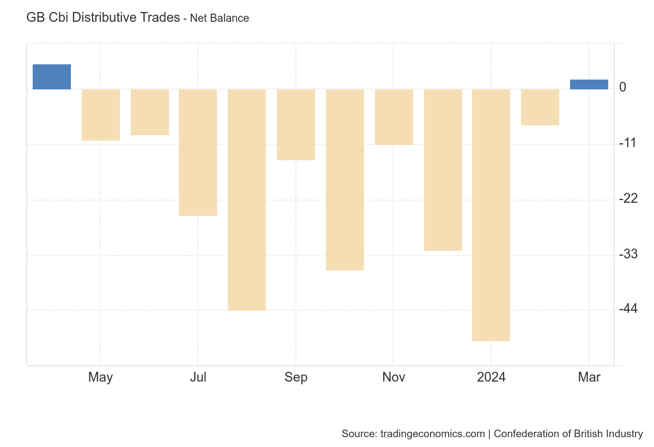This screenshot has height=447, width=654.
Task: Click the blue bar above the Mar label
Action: (589, 84)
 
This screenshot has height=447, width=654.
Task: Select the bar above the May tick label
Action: (101, 114)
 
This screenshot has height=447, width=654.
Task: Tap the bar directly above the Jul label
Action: (198, 153)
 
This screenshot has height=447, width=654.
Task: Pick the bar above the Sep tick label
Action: (296, 124)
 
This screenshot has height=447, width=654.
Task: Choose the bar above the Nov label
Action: (394, 117)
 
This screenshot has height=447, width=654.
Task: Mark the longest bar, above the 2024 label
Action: (491, 215)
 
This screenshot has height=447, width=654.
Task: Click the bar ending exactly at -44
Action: (247, 200)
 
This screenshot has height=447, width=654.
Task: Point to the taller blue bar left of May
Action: (52, 77)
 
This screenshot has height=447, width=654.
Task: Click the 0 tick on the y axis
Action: (622, 87)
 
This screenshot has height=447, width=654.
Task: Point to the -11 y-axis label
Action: (628, 143)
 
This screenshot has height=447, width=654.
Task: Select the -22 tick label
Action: (628, 198)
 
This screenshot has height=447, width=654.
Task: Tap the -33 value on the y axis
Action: (628, 254)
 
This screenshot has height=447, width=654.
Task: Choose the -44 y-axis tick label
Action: (628, 309)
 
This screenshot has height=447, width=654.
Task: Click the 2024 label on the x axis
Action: (491, 377)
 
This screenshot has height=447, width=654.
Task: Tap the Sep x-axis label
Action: (296, 377)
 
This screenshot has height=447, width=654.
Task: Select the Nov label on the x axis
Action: (393, 377)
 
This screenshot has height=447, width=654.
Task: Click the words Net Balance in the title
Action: (220, 18)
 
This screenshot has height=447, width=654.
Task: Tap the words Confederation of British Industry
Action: (568, 434)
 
